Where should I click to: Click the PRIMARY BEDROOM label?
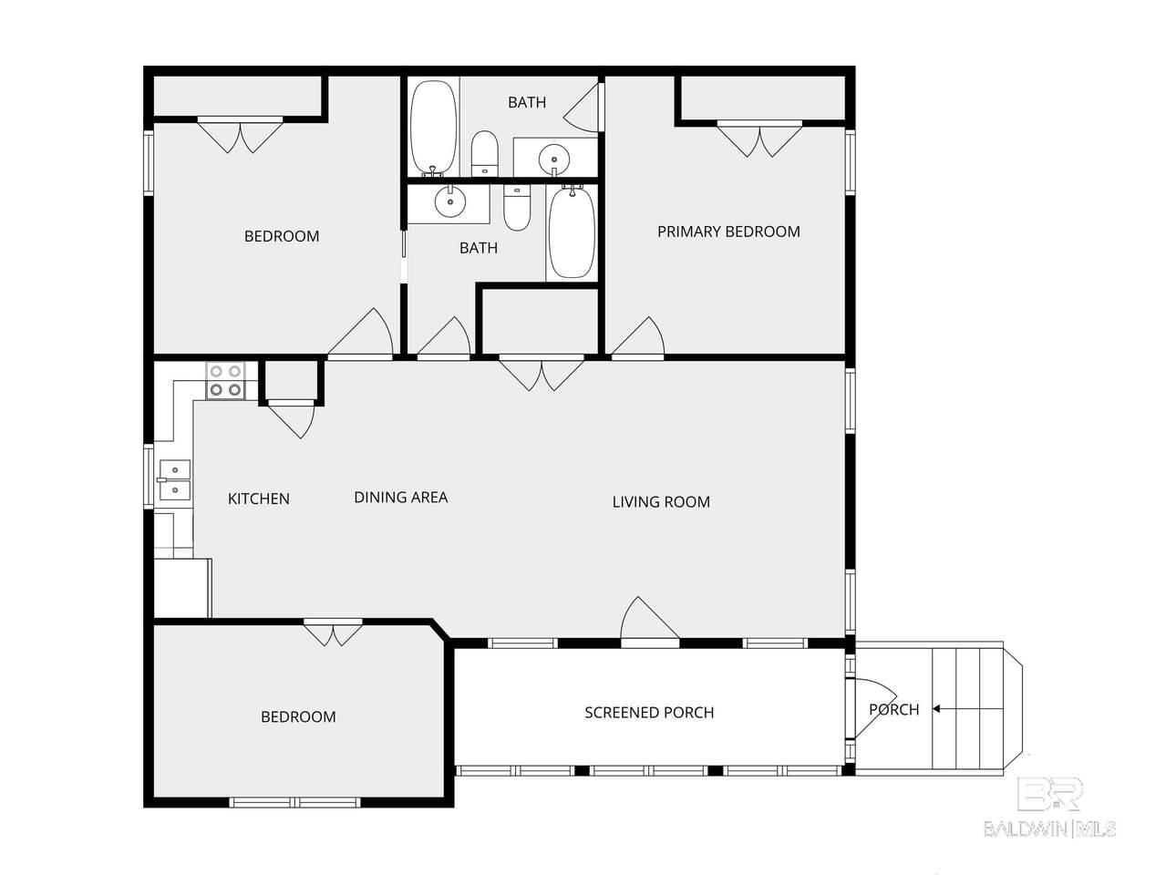click(728, 232)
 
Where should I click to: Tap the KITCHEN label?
click(259, 499)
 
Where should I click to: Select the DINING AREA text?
click(400, 497)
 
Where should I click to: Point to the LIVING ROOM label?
click(661, 501)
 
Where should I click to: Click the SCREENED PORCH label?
click(649, 712)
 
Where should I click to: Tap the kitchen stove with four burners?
click(225, 381)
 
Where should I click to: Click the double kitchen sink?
click(174, 480)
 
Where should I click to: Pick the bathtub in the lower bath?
click(572, 231)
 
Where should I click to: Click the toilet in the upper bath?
click(484, 153)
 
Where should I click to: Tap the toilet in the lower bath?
click(517, 207)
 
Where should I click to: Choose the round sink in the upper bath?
click(554, 159)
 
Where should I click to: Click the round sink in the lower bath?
click(450, 201)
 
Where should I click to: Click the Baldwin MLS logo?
click(1050, 809)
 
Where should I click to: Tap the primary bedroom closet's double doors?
click(759, 140)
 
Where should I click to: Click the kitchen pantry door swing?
click(292, 421)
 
